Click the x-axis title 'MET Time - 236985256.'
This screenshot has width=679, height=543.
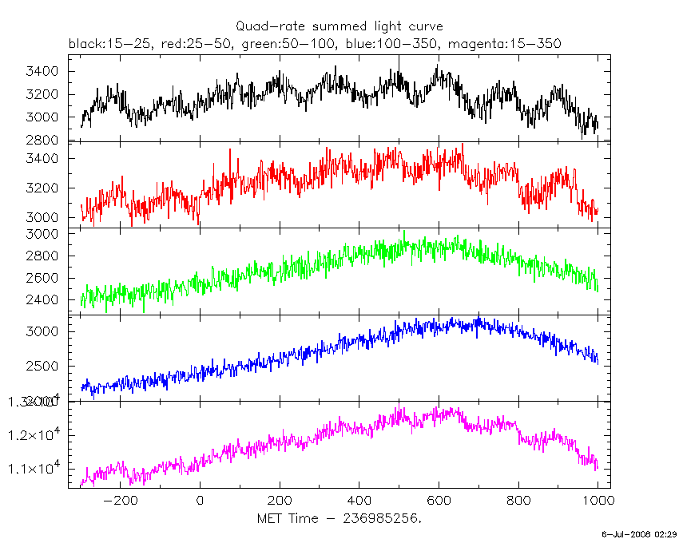339,518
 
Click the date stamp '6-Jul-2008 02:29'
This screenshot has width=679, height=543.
640,533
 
